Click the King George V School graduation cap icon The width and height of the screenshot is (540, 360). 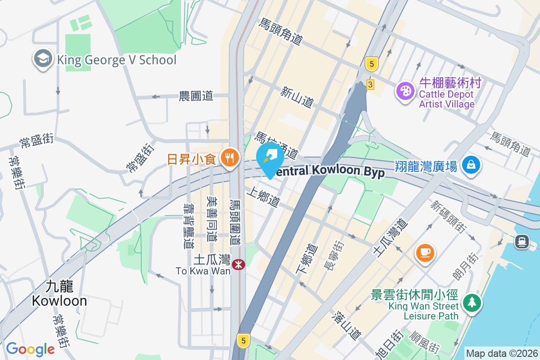tap(43, 59)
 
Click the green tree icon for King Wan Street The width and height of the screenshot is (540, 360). tap(471, 302)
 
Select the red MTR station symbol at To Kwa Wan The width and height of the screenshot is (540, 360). tap(238, 264)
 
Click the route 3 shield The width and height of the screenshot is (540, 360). tap(370, 84)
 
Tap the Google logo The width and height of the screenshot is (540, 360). tap(30, 349)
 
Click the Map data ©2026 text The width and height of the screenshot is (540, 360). tap(502, 353)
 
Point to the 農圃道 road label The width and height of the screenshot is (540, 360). tap(196, 96)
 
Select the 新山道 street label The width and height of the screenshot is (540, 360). tap(297, 97)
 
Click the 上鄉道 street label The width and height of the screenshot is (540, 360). tap(263, 197)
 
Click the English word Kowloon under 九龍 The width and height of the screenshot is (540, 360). tap(59, 301)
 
